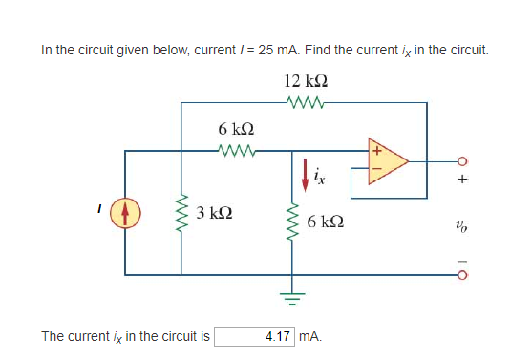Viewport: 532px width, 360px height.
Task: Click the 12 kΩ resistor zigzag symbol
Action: point(306,101)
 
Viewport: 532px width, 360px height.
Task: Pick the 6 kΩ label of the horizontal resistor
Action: point(235,128)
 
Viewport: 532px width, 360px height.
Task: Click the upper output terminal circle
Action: point(465,160)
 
